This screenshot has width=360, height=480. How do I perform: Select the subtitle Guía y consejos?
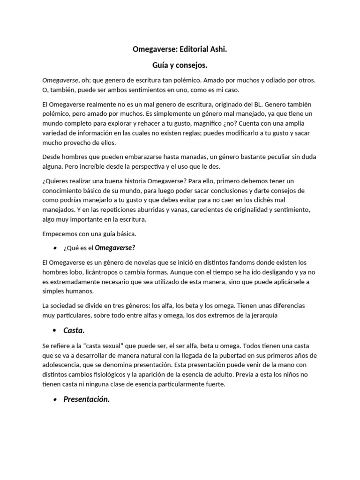tap(180, 66)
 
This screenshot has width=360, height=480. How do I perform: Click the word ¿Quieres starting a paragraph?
tap(58, 181)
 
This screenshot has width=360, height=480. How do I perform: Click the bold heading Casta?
tap(74, 330)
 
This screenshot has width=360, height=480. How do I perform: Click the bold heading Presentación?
tap(87, 399)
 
